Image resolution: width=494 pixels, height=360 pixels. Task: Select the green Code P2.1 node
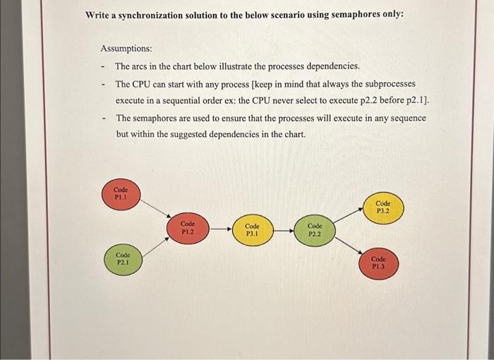point(123,258)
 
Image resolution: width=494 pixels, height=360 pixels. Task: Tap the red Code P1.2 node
point(187,228)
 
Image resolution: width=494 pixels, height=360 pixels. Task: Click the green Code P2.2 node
point(314,229)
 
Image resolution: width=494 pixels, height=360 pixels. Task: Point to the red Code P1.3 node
point(378,263)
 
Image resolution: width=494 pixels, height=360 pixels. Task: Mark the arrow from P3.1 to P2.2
point(284,228)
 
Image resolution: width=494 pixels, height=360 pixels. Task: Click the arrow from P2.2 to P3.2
point(348,217)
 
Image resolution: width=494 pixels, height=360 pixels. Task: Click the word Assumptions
point(126,49)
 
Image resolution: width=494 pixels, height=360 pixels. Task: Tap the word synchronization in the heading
point(155,14)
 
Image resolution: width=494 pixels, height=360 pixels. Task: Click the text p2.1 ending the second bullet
point(415,100)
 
